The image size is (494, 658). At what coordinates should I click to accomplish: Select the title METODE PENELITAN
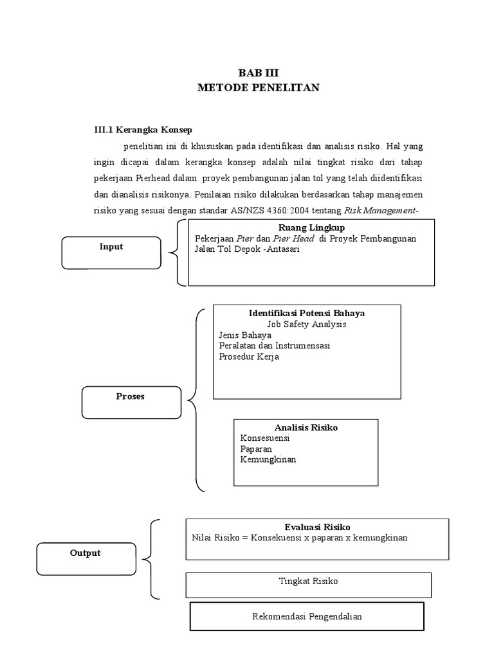click(258, 87)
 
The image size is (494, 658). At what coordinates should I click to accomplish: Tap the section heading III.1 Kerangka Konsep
click(143, 129)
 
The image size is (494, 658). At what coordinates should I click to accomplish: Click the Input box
click(111, 252)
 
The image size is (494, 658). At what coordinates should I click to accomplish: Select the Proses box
click(131, 402)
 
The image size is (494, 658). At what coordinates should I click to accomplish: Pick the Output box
click(86, 558)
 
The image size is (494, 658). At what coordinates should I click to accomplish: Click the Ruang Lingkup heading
click(311, 227)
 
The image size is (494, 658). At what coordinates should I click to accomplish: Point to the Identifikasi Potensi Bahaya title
click(307, 313)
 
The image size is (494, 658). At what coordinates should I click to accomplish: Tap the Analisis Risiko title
click(306, 427)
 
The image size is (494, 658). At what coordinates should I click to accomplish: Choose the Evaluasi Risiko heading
click(317, 526)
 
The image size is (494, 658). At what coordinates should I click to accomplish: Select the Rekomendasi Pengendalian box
click(307, 616)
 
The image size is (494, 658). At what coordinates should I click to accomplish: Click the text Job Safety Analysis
click(307, 325)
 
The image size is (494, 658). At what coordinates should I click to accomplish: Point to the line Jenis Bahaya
click(245, 335)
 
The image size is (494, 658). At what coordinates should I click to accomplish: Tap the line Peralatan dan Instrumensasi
click(274, 346)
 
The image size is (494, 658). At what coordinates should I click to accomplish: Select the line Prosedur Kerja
click(248, 357)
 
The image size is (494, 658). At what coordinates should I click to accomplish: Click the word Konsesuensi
click(265, 438)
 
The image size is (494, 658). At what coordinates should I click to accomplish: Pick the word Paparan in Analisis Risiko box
click(257, 449)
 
